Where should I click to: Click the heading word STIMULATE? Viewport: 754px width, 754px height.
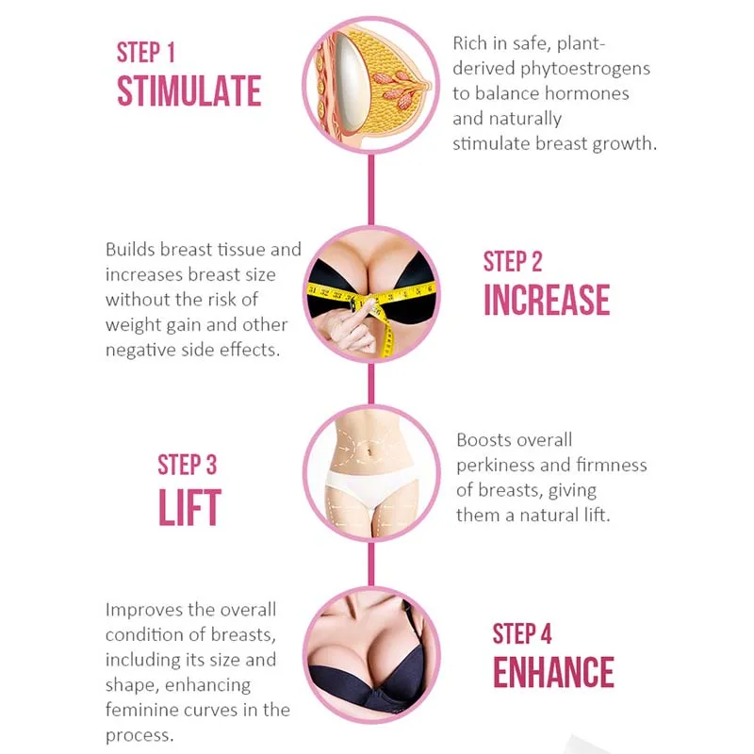tap(188, 90)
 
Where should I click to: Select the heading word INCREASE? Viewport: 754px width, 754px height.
tap(547, 300)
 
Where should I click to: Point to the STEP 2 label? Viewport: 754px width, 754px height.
tap(513, 260)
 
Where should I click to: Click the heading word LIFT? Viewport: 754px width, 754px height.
tap(188, 507)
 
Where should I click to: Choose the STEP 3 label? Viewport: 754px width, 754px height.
tap(187, 465)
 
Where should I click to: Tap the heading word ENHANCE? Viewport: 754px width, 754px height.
tap(553, 671)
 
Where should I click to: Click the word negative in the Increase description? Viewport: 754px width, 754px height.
tap(139, 350)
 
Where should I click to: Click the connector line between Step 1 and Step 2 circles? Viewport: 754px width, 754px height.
tap(371, 188)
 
